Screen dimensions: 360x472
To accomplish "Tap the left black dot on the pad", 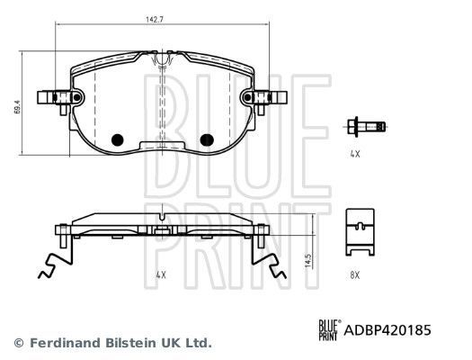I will [x=115, y=139].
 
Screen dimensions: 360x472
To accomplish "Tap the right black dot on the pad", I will [x=206, y=139].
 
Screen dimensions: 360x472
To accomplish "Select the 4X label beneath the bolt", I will [x=354, y=155].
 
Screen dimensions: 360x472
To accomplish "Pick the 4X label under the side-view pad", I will [x=161, y=273].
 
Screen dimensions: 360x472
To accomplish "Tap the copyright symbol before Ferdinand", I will [x=17, y=343].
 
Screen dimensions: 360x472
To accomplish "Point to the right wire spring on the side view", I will [x=272, y=261].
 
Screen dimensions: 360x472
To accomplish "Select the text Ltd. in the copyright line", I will [x=198, y=343].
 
